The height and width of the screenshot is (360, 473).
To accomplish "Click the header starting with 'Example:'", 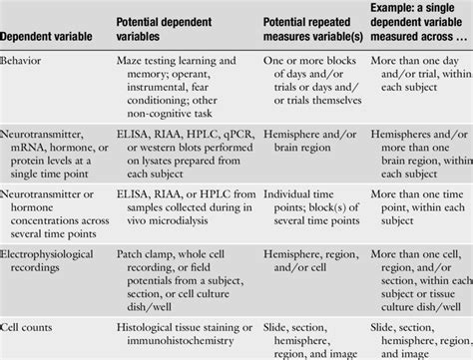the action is tap(417, 27).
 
